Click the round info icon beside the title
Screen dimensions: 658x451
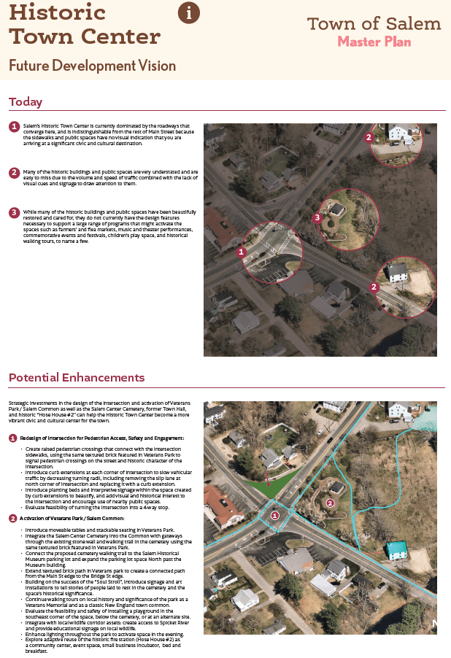click(x=189, y=12)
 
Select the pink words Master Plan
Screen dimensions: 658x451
click(x=374, y=42)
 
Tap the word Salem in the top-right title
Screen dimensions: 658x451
click(x=417, y=23)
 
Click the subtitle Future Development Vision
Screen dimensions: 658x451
click(x=92, y=66)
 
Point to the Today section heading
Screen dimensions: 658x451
click(x=26, y=102)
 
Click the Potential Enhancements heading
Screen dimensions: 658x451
click(x=77, y=377)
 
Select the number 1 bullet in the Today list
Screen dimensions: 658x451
click(x=14, y=127)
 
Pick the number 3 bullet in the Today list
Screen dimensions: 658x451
click(x=14, y=212)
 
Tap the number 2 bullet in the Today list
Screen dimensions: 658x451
click(x=14, y=172)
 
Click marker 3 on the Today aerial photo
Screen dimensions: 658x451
click(x=317, y=217)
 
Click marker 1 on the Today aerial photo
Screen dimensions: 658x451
click(x=241, y=252)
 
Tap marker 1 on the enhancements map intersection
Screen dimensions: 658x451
click(x=274, y=515)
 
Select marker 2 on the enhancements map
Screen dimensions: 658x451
click(x=330, y=503)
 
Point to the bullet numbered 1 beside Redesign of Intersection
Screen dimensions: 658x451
click(x=13, y=438)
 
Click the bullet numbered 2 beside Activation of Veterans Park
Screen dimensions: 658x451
click(x=13, y=518)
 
